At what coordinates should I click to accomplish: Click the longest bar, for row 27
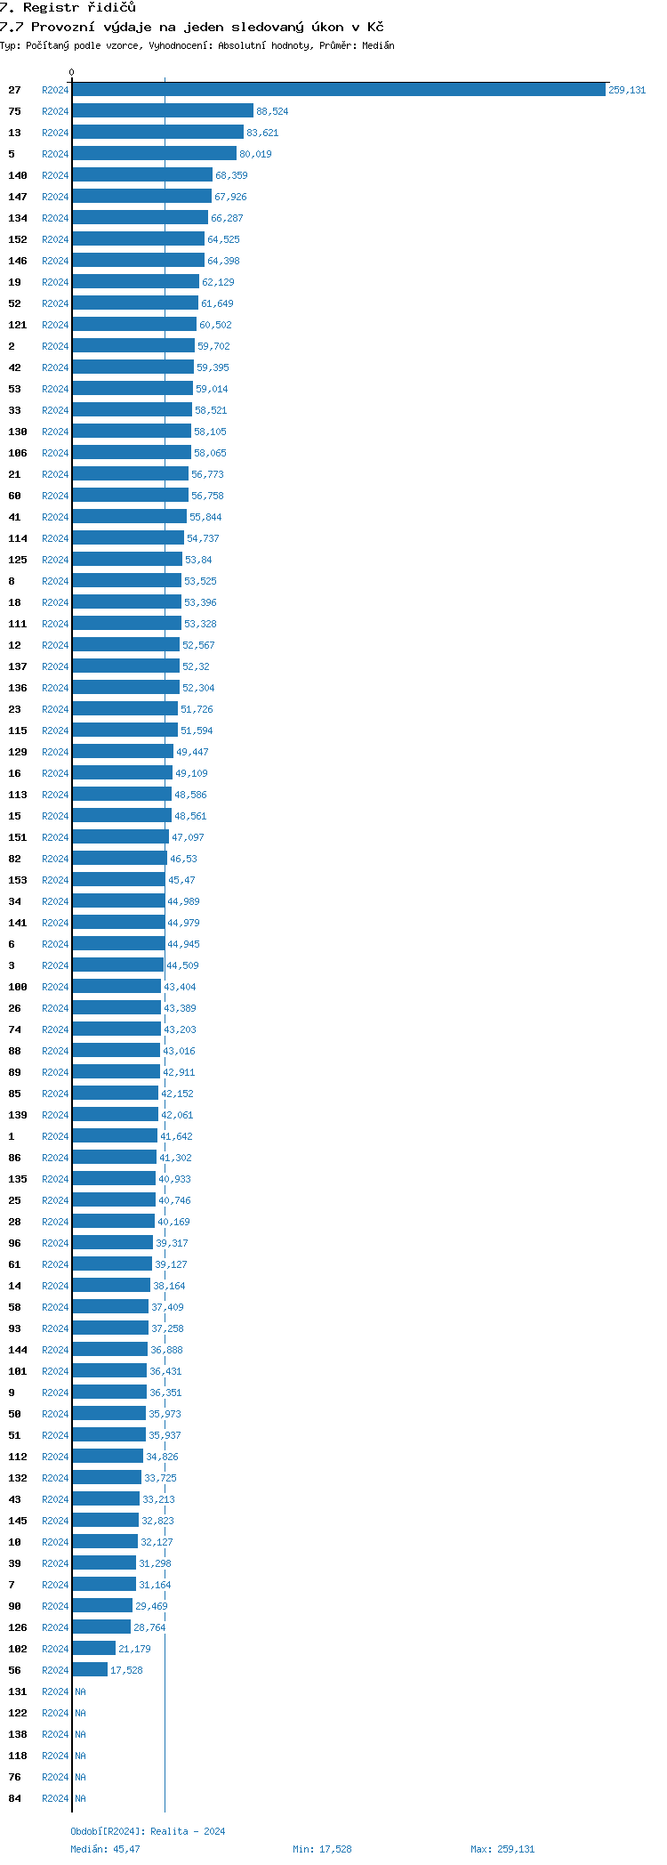click(x=338, y=90)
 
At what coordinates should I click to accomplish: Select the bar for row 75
click(x=163, y=111)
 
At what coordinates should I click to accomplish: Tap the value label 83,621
click(x=262, y=133)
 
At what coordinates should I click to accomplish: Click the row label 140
click(x=18, y=175)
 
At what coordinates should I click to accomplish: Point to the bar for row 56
click(x=90, y=1670)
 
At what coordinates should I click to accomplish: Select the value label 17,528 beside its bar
click(x=126, y=1670)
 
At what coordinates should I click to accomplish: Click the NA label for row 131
click(x=80, y=1691)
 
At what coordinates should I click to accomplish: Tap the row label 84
click(x=15, y=1798)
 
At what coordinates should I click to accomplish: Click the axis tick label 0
click(x=72, y=72)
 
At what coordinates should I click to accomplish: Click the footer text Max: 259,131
click(x=502, y=1849)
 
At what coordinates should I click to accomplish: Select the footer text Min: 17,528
click(x=322, y=1849)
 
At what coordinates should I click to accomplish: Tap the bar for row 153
click(x=118, y=880)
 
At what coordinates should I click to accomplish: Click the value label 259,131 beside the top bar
click(x=627, y=90)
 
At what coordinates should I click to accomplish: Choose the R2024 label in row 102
click(x=55, y=1649)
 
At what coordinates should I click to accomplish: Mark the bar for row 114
click(x=128, y=538)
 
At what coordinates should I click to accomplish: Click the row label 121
click(x=18, y=325)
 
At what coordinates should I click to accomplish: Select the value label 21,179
click(x=134, y=1649)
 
